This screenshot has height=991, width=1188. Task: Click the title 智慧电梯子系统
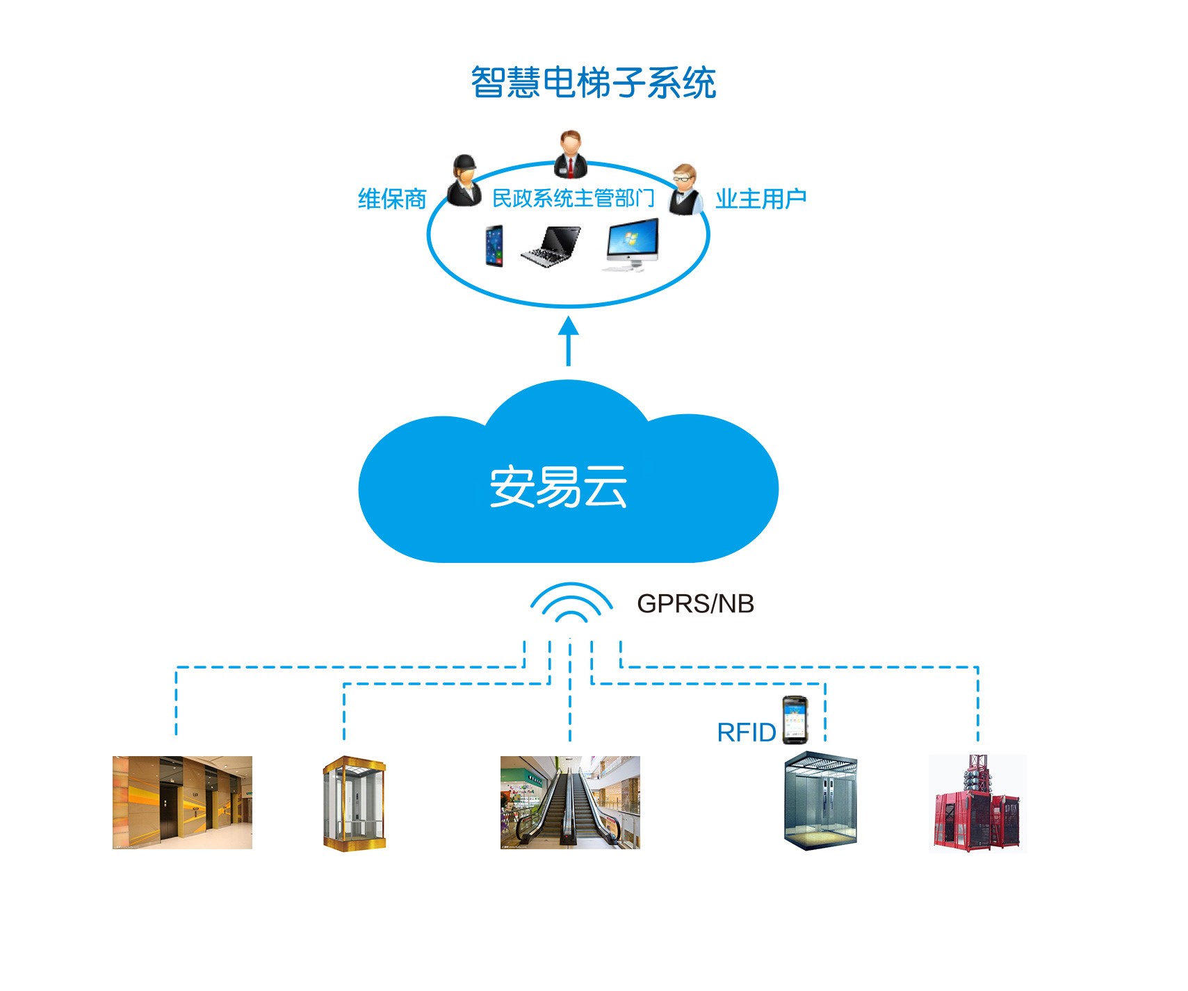tap(593, 83)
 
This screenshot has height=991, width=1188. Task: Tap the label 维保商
tap(391, 199)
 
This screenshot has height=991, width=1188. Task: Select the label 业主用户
tap(760, 199)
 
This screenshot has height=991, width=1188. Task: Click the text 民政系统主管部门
tap(573, 199)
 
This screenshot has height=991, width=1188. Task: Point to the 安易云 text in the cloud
tap(558, 486)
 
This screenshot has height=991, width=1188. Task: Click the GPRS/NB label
tap(695, 604)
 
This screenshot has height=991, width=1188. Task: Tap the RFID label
tap(746, 732)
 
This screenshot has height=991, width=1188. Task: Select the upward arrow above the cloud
tap(569, 341)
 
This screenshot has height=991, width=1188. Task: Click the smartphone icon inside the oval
tap(494, 245)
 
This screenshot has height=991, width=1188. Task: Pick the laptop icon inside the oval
tap(551, 246)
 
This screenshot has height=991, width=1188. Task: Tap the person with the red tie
tap(571, 154)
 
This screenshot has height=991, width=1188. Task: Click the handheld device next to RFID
tap(794, 720)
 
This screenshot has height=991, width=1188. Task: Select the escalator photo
tap(570, 802)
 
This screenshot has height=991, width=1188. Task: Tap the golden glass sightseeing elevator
tap(354, 803)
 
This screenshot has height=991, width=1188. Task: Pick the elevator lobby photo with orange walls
tap(182, 802)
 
